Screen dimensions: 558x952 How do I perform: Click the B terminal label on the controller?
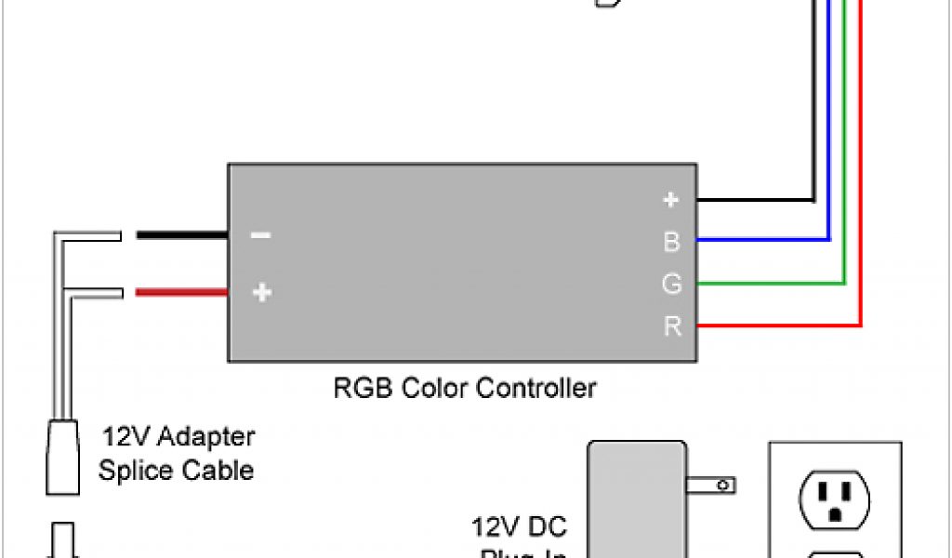pyautogui.click(x=671, y=242)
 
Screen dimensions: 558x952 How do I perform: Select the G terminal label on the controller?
pyautogui.click(x=671, y=284)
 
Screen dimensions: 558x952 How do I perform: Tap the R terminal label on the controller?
pyautogui.click(x=671, y=326)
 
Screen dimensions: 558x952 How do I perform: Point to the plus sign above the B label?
pyautogui.click(x=671, y=200)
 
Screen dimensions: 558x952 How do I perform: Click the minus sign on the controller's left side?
pyautogui.click(x=261, y=236)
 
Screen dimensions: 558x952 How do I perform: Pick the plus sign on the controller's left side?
pyautogui.click(x=262, y=293)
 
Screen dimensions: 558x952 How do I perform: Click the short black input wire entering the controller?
pyautogui.click(x=182, y=236)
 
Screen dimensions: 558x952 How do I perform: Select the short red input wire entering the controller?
pyautogui.click(x=182, y=293)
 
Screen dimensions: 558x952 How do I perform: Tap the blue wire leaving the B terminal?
pyautogui.click(x=762, y=240)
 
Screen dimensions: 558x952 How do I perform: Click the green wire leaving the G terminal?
pyautogui.click(x=772, y=282)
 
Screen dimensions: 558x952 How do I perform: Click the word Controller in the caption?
pyautogui.click(x=536, y=387)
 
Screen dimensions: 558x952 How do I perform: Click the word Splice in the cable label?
pyautogui.click(x=130, y=471)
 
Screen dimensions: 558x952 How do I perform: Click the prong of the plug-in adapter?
pyautogui.click(x=711, y=485)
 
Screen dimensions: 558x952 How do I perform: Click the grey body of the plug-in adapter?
pyautogui.click(x=636, y=502)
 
